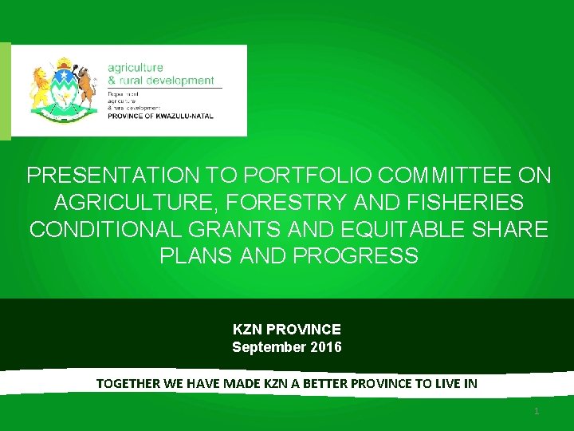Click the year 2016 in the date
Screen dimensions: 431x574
[x=328, y=347]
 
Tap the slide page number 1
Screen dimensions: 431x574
[x=537, y=411]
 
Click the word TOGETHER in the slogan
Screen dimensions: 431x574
[x=128, y=383]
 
